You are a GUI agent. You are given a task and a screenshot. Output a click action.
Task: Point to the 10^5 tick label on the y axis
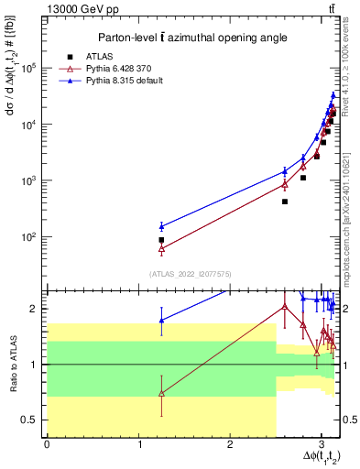point(28,68)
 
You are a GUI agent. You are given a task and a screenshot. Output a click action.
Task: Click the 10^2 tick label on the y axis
point(28,236)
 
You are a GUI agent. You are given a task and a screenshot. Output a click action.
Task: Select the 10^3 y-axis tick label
point(28,180)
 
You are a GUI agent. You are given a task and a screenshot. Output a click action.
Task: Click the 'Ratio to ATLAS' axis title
point(12,364)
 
